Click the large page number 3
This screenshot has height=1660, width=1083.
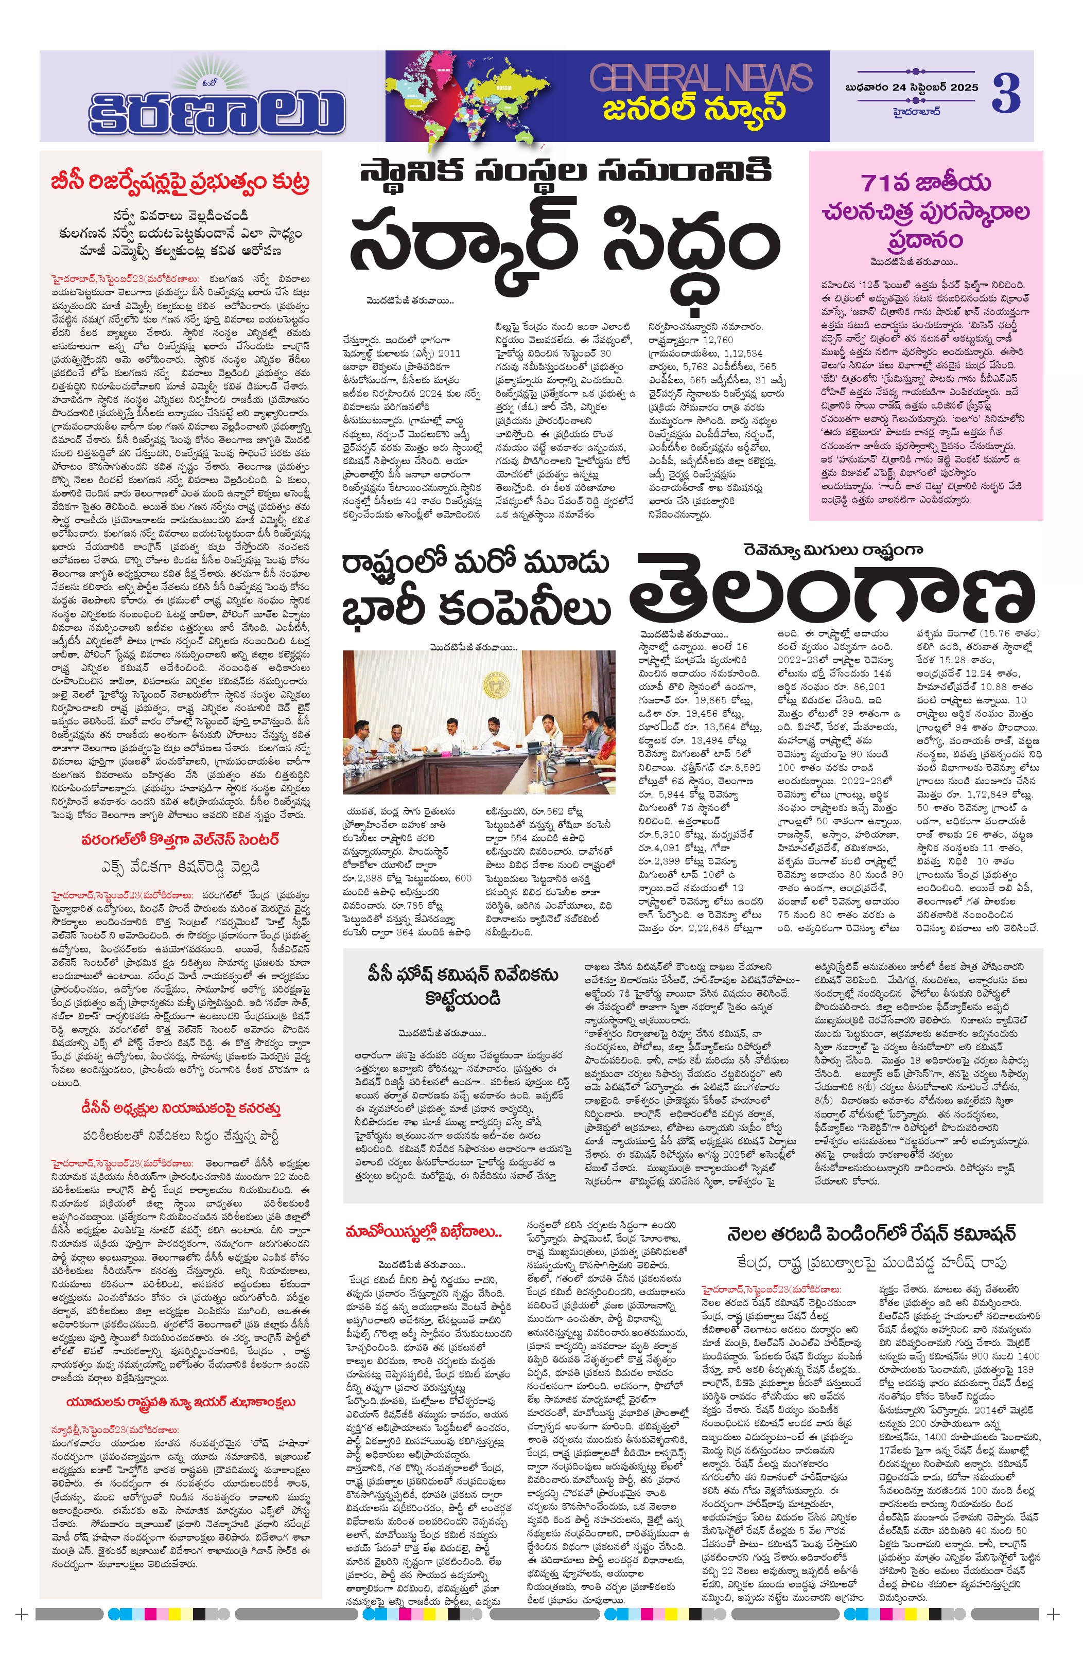pos(1006,94)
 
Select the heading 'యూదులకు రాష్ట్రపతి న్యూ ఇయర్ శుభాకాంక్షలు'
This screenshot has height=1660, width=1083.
pos(180,1402)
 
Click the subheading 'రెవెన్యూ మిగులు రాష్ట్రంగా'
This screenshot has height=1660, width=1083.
pos(832,550)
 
